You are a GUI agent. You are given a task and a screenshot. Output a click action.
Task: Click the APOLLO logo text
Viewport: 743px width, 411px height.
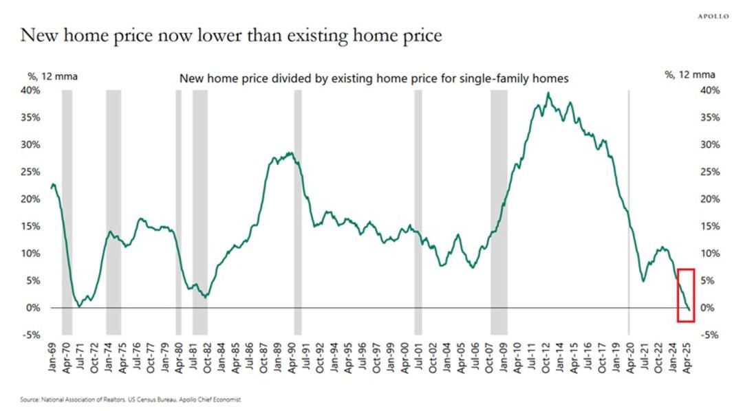click(713, 16)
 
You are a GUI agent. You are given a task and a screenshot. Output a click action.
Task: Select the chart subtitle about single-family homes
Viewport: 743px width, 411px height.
click(374, 78)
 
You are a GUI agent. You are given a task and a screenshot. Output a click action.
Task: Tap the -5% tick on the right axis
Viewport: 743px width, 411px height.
click(710, 335)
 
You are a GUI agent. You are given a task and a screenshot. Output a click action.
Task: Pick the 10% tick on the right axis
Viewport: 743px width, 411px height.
click(710, 254)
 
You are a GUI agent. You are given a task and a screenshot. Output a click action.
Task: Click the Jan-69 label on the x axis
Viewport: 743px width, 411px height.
click(53, 357)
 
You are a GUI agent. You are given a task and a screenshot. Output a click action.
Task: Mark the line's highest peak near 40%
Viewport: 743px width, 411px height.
click(548, 93)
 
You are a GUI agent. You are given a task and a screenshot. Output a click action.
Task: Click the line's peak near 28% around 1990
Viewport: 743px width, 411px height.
click(291, 153)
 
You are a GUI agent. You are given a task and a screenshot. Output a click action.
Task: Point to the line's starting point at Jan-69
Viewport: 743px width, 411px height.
click(52, 185)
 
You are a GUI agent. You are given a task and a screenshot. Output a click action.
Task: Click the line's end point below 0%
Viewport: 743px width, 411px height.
click(689, 310)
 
